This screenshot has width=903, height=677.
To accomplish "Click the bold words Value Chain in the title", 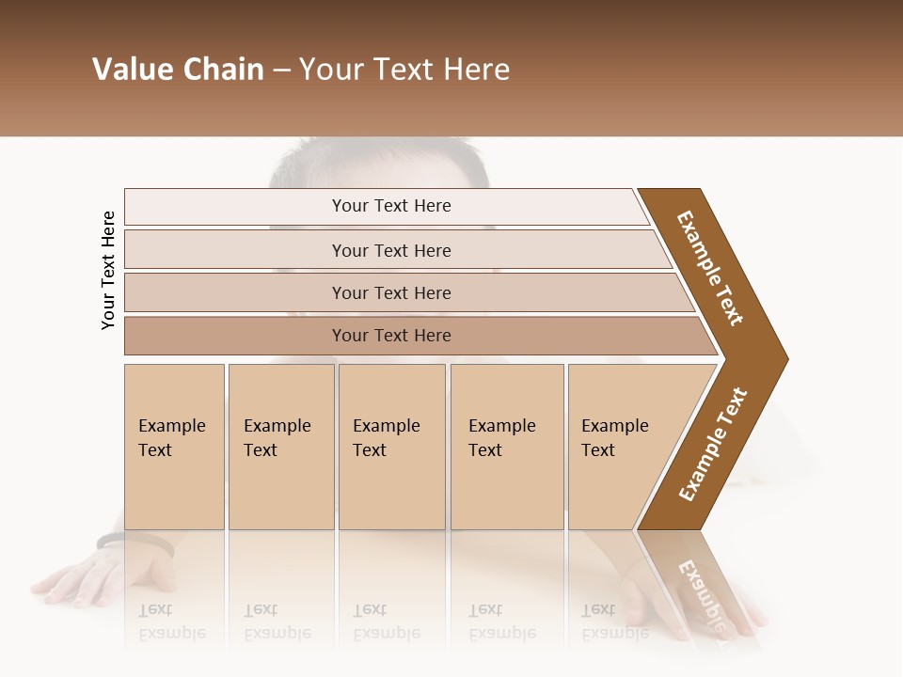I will pyautogui.click(x=178, y=70).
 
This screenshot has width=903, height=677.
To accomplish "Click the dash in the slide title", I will pyautogui.click(x=281, y=71).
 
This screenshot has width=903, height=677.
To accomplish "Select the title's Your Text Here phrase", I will pyautogui.click(x=404, y=70).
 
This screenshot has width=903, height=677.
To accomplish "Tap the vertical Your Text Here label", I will pyautogui.click(x=108, y=270).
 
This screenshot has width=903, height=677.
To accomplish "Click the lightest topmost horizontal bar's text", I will pyautogui.click(x=391, y=206).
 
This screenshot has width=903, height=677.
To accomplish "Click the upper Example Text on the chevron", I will pyautogui.click(x=710, y=267).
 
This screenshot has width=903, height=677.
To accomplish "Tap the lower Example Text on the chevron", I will pyautogui.click(x=713, y=444).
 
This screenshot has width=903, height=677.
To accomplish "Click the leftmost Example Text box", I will pyautogui.click(x=174, y=447).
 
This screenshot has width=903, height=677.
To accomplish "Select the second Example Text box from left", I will pyautogui.click(x=280, y=447).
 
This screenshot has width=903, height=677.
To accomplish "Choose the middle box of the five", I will pyautogui.click(x=391, y=447).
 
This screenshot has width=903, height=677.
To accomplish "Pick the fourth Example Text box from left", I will pyautogui.click(x=506, y=447).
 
